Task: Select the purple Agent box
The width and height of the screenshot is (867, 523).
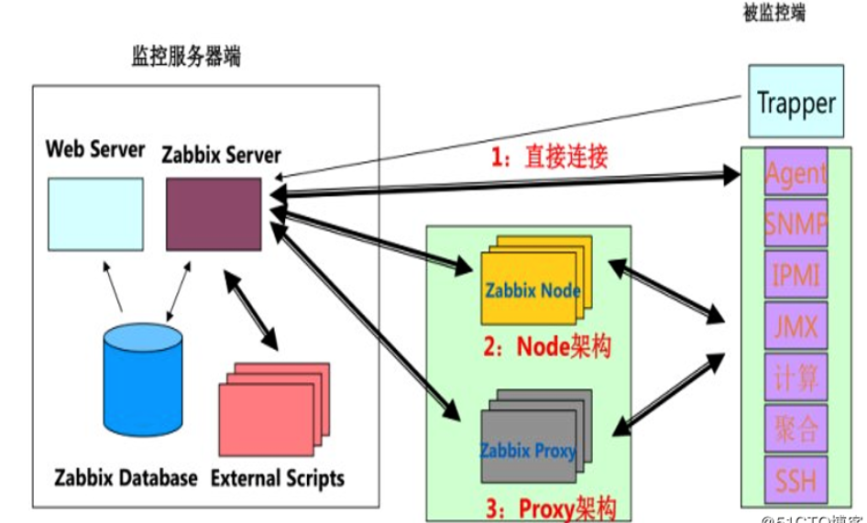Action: point(796,171)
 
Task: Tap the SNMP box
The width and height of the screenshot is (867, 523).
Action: point(796,222)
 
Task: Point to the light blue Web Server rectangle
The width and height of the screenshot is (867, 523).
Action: point(95,213)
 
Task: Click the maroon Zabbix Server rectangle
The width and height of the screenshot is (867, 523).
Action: point(213,211)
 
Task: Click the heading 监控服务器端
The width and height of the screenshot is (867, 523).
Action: point(186,57)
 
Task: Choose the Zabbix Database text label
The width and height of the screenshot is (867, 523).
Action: point(126,478)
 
